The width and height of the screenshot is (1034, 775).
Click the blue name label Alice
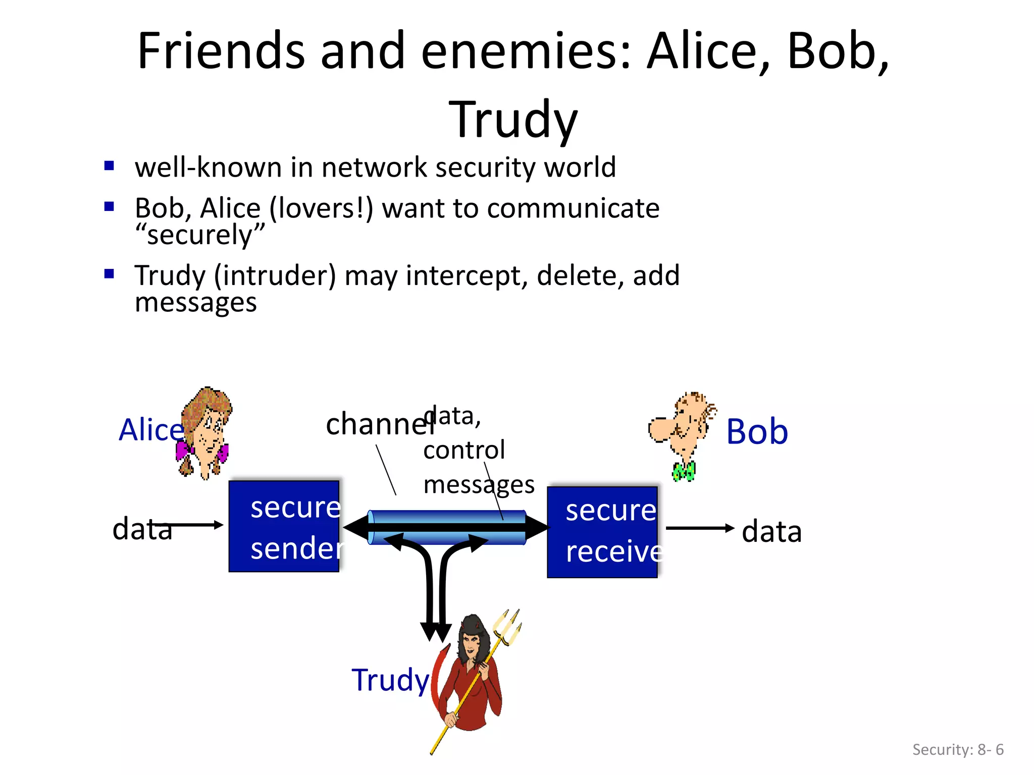tap(150, 430)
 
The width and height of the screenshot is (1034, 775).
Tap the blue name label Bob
tap(756, 432)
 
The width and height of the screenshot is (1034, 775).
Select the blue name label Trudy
tap(390, 680)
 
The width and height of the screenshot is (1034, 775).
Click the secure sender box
tap(284, 526)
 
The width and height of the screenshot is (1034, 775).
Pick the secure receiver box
tap(602, 532)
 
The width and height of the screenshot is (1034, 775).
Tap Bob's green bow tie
tap(684, 472)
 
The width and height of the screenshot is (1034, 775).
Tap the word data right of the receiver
tap(771, 531)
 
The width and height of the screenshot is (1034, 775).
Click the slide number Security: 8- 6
tap(957, 749)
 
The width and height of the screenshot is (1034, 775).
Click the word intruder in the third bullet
tap(275, 275)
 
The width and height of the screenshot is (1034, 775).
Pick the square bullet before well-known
tap(109, 165)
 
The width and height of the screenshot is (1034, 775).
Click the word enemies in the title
tap(525, 50)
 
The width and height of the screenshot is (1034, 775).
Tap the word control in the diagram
tap(463, 450)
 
